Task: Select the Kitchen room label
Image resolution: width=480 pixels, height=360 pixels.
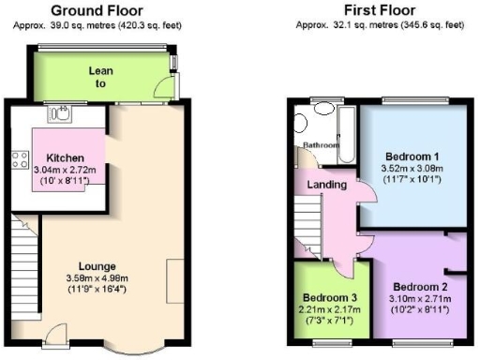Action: tap(61, 157)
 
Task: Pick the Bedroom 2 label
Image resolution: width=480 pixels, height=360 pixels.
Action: tap(420, 286)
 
